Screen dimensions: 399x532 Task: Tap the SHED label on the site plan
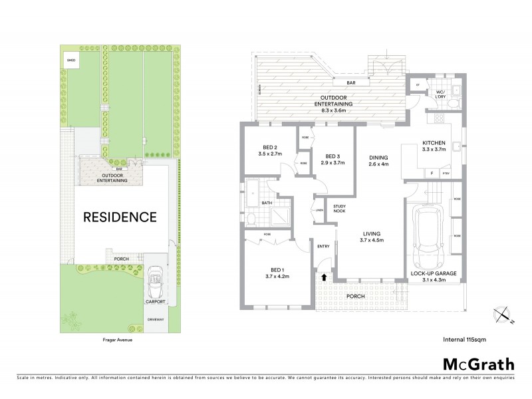click(x=70, y=61)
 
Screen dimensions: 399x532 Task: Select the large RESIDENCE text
click(x=120, y=217)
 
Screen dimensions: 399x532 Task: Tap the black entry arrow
click(x=325, y=276)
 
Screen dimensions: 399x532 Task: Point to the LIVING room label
click(x=372, y=233)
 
